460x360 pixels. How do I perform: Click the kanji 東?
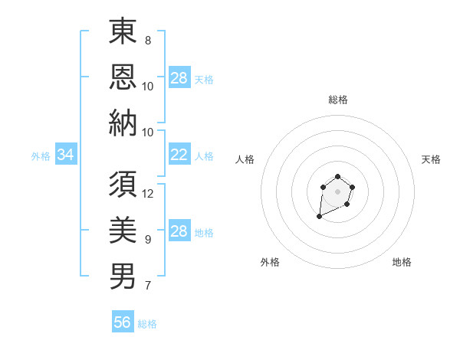pyautogui.click(x=123, y=33)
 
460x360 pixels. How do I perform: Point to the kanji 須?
pyautogui.click(x=123, y=185)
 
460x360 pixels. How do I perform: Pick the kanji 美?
pyautogui.click(x=123, y=230)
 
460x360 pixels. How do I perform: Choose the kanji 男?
pyautogui.click(x=123, y=275)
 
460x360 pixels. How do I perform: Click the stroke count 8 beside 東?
pyautogui.click(x=147, y=40)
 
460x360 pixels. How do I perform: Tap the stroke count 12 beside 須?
pyautogui.click(x=148, y=194)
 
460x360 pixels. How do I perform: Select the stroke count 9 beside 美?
pyautogui.click(x=147, y=240)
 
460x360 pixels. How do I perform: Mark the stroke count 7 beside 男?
pyautogui.click(x=147, y=286)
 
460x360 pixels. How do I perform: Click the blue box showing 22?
pyautogui.click(x=179, y=155)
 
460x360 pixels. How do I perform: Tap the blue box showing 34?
pyautogui.click(x=65, y=155)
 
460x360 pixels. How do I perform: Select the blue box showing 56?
pyautogui.click(x=123, y=322)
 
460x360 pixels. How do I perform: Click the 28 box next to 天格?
pyautogui.click(x=179, y=78)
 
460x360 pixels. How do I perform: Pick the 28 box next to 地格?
pyautogui.click(x=179, y=231)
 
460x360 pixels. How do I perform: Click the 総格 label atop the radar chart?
pyautogui.click(x=337, y=100)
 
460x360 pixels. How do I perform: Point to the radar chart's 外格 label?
pyautogui.click(x=270, y=262)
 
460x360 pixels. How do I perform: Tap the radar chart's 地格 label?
pyautogui.click(x=402, y=262)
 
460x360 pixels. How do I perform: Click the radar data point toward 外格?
pyautogui.click(x=320, y=217)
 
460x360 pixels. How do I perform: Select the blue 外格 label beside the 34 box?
pyautogui.click(x=41, y=156)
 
